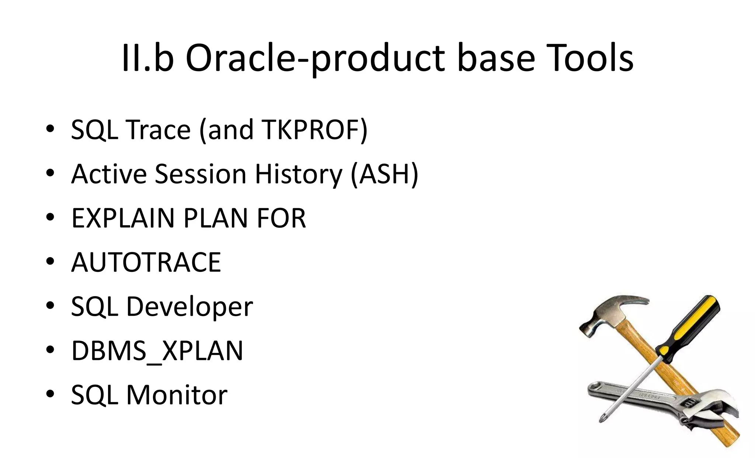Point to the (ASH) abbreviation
(x=385, y=174)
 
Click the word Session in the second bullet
(x=200, y=174)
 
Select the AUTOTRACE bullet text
(x=146, y=262)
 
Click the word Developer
(x=189, y=307)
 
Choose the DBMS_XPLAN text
(x=157, y=351)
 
